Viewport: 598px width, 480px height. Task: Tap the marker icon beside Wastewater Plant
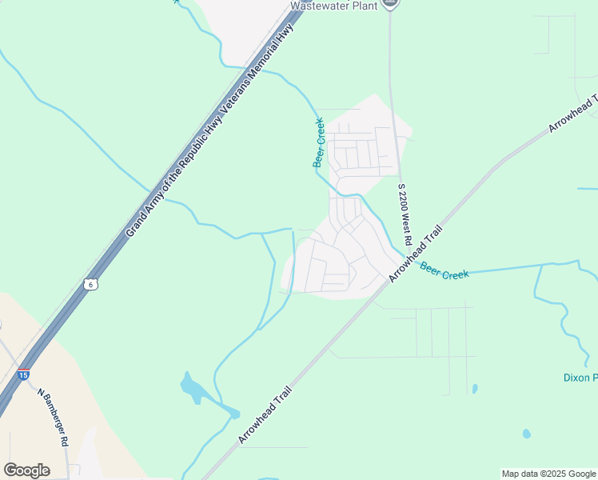tap(390, 3)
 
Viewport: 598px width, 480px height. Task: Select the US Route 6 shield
tap(91, 284)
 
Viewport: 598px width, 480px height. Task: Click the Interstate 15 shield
tap(24, 374)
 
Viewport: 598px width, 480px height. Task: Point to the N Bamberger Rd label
tap(54, 417)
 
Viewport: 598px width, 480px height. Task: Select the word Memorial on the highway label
tap(271, 54)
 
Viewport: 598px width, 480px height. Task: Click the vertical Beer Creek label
tap(318, 142)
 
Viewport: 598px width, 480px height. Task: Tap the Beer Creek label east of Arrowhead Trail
tap(444, 273)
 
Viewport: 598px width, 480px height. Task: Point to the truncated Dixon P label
tap(580, 378)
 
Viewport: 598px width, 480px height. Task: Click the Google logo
tap(26, 470)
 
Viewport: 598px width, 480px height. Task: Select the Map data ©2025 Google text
tap(548, 474)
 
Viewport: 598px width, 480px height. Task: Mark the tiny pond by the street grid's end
tap(475, 389)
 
